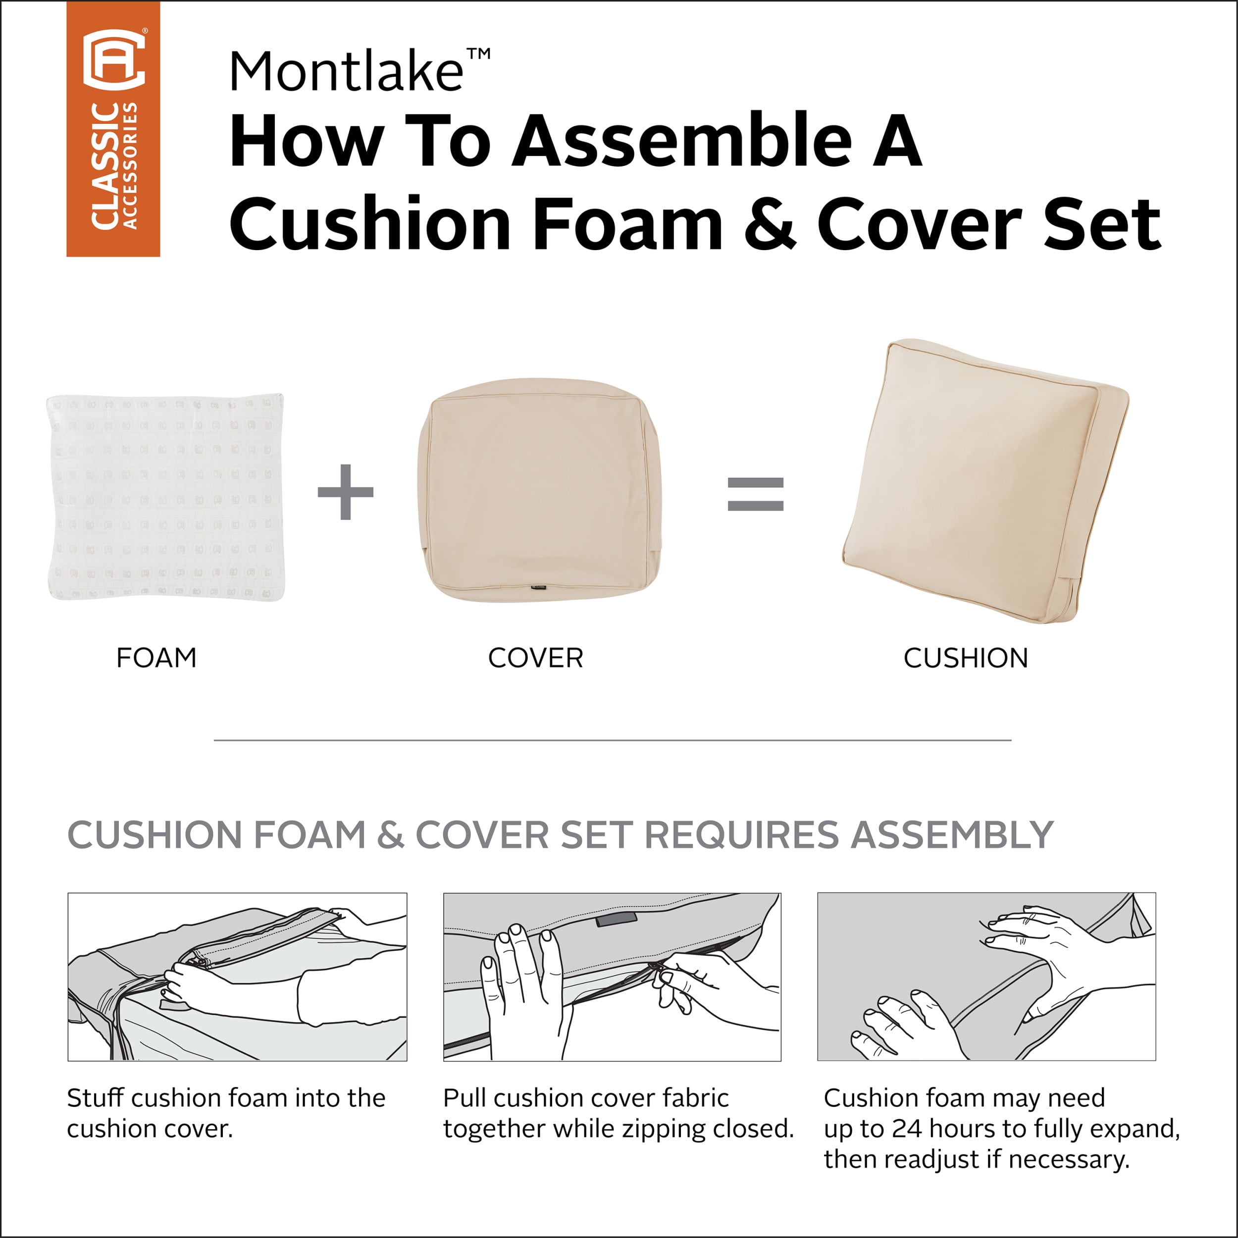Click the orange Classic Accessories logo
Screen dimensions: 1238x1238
tap(113, 129)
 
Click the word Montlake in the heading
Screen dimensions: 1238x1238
tap(346, 72)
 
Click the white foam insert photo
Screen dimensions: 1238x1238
tap(165, 497)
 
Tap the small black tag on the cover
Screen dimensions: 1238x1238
tap(536, 586)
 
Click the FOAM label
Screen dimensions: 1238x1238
tap(156, 658)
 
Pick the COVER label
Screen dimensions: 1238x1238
tap(536, 658)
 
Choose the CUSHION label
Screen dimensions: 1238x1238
tap(966, 658)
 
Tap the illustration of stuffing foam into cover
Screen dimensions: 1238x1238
tap(237, 977)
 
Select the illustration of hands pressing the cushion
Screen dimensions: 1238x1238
tap(986, 977)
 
